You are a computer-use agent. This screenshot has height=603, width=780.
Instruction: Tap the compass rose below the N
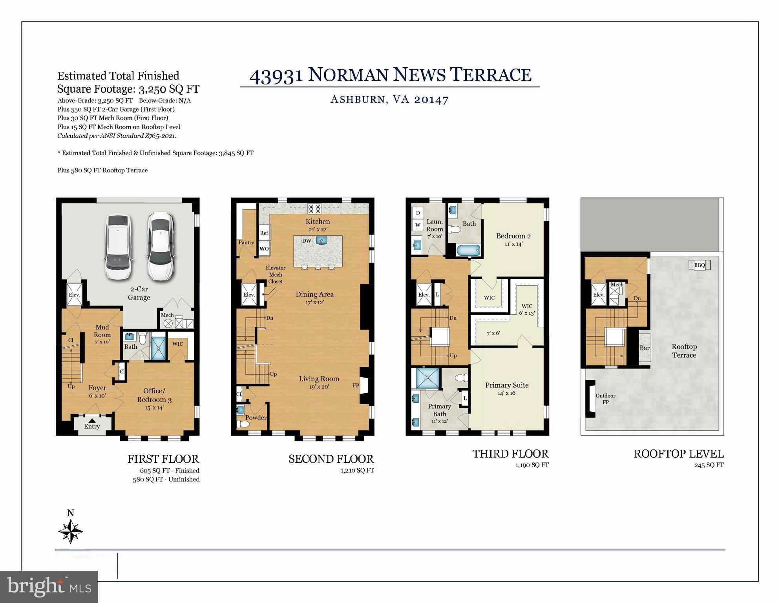(71, 532)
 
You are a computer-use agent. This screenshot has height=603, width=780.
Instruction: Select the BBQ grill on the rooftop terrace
(700, 265)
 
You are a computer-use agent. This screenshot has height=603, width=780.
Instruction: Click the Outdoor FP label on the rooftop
(605, 399)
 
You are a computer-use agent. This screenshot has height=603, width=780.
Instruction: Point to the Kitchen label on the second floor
(318, 222)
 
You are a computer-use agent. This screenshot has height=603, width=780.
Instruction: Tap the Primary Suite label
(507, 385)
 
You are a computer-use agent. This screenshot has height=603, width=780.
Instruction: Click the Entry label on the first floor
(92, 426)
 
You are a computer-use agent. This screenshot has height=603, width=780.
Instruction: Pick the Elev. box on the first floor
(75, 294)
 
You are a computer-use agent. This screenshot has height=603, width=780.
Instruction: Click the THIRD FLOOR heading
(510, 454)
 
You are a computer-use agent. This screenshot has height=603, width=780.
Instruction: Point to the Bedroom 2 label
(513, 236)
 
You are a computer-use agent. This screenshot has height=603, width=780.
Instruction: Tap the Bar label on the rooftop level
(645, 348)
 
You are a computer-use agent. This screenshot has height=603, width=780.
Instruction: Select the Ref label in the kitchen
(264, 233)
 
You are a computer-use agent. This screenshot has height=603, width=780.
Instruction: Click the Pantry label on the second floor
(246, 242)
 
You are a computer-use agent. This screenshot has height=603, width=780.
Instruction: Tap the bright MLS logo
(49, 587)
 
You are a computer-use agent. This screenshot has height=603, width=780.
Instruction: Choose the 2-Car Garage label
(139, 293)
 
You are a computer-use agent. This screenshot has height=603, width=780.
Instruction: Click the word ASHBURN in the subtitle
(358, 99)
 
